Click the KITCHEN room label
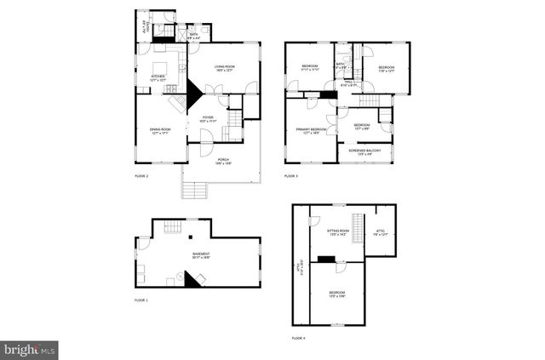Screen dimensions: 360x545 pos(158,77)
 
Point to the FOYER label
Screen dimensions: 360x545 pos(208,121)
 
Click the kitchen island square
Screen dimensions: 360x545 pos(160,68)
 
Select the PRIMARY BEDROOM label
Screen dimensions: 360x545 pos(312,131)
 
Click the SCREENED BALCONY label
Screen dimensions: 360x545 pos(364,152)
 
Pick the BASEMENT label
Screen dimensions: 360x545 pos(201,254)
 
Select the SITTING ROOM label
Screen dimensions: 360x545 pos(338,231)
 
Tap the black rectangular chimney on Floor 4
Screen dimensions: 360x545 pos(325,259)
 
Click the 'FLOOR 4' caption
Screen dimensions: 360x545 pos(298,338)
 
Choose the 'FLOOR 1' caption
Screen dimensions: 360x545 pos(141,300)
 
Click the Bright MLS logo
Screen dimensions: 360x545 pos(30,349)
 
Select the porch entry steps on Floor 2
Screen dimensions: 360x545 pos(195,191)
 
